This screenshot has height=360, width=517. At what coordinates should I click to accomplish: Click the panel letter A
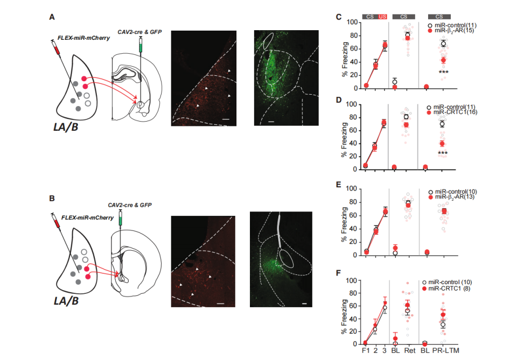(52, 17)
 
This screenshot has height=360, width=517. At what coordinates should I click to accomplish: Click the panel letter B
(52, 198)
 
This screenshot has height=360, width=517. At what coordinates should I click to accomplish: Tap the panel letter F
(338, 273)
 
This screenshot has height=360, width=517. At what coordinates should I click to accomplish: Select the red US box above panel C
(382, 17)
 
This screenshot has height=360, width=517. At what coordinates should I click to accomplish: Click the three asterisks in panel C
(443, 72)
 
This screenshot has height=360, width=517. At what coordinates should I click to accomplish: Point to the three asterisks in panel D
(443, 154)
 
